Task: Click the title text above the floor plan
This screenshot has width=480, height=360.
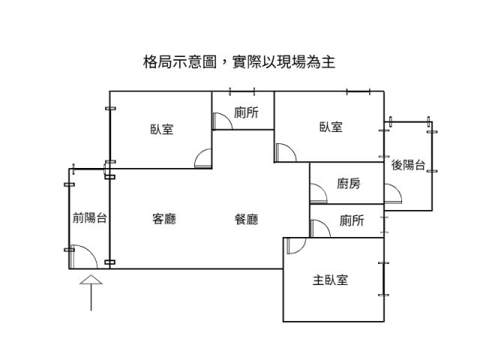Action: [239, 62]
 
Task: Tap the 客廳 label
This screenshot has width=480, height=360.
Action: [164, 220]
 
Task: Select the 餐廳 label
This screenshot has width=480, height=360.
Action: [247, 220]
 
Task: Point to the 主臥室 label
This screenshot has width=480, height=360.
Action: [331, 280]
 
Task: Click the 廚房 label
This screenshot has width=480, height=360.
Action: [349, 183]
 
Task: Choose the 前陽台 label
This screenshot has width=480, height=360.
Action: [89, 218]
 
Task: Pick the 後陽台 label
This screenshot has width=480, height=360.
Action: [409, 165]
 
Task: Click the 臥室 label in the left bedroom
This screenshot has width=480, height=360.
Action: [161, 129]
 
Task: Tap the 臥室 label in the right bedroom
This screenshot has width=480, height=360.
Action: [331, 127]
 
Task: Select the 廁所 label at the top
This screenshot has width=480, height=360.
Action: [247, 112]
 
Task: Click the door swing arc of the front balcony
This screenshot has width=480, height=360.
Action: [85, 258]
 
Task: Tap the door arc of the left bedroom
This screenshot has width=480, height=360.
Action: [203, 159]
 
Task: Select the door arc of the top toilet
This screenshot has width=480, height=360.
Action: [220, 121]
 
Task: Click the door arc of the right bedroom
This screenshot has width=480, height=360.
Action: [284, 152]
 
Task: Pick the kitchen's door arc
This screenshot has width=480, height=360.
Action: [318, 195]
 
